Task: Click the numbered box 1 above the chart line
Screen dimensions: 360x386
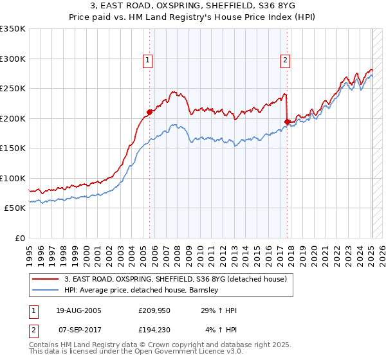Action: point(148,61)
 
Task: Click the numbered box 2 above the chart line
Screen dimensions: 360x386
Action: point(285,61)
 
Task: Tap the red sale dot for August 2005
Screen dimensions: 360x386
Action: point(149,112)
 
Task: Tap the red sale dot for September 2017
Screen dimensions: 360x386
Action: point(287,122)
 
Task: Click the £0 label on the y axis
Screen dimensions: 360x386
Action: point(20,238)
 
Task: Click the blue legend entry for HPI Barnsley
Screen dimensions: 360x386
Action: point(142,290)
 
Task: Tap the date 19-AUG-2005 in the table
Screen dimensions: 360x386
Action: point(78,310)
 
